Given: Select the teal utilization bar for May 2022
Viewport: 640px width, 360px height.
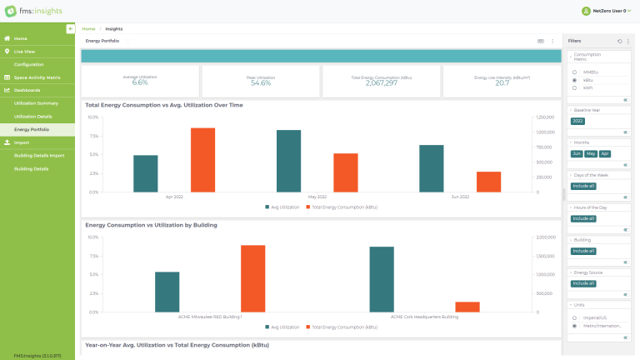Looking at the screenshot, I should click(288, 161).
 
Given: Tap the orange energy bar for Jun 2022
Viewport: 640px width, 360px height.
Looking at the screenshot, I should click(488, 182).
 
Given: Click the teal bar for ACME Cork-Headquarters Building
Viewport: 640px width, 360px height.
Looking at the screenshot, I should click(382, 279).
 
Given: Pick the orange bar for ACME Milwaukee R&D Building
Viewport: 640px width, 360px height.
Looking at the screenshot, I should click(252, 278).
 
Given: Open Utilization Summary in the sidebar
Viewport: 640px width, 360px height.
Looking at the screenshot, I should click(36, 102).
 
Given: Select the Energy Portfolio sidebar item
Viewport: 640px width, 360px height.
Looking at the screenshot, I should click(32, 129).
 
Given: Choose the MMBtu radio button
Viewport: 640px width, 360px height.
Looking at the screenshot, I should click(574, 72).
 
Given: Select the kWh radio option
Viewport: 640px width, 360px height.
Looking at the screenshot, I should click(574, 87).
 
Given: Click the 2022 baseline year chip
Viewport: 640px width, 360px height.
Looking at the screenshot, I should click(577, 121).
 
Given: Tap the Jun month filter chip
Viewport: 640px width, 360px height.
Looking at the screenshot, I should click(576, 153).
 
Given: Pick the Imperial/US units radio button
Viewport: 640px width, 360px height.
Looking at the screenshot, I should click(574, 317).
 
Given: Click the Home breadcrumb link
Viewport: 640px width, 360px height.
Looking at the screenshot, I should click(88, 28).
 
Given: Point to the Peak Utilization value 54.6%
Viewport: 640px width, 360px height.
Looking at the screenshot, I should click(261, 83).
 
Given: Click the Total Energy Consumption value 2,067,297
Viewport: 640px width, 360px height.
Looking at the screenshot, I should click(381, 83).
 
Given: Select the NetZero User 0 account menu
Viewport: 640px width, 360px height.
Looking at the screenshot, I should click(604, 11).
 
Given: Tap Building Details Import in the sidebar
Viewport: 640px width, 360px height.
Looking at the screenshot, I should click(39, 155).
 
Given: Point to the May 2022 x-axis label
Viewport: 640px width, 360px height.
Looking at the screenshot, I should click(317, 197).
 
